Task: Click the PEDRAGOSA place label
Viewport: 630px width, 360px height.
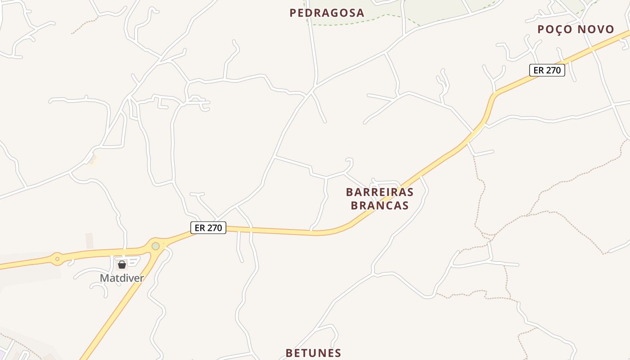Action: pos(327,13)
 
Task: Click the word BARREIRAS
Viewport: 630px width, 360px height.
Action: pos(379,192)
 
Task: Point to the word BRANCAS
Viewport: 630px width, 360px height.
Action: pos(379,206)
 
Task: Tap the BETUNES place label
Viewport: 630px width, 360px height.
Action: pos(313,353)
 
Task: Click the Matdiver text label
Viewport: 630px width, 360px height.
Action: pos(121,278)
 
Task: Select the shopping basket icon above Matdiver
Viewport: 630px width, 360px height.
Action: pos(121,265)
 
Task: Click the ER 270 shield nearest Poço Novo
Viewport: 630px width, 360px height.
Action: pos(547,70)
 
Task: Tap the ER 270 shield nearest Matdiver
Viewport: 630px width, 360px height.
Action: pos(208,228)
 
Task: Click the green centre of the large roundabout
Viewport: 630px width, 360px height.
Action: pos(156,246)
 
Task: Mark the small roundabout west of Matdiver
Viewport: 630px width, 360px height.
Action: pos(57,259)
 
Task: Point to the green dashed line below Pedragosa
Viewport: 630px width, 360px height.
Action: pos(351,22)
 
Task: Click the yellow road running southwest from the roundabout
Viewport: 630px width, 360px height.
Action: pos(117,306)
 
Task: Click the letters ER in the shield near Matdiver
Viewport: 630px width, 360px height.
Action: pos(200,228)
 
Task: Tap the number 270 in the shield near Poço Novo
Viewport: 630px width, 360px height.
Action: pos(553,70)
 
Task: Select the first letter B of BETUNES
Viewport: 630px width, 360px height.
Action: pos(289,353)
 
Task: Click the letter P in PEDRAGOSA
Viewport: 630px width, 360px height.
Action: pos(293,13)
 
